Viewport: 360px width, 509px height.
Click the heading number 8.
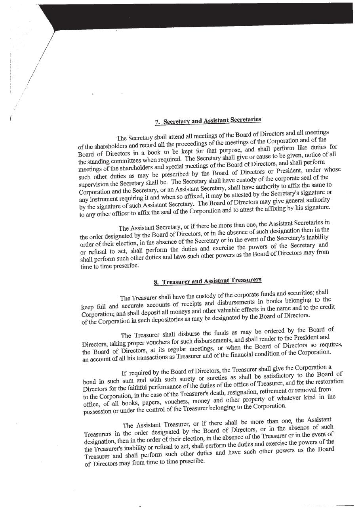pos(156,283)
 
